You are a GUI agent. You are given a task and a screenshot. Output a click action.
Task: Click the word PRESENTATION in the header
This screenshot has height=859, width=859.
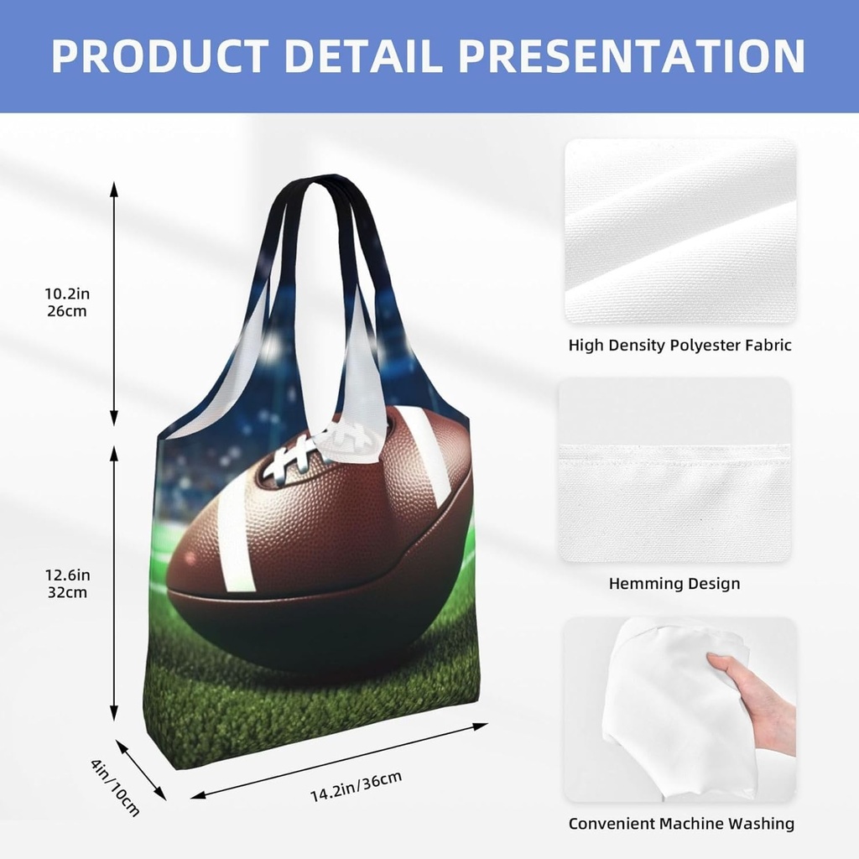point(633,55)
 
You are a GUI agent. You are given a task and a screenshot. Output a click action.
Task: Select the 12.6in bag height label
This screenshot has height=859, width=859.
point(66,575)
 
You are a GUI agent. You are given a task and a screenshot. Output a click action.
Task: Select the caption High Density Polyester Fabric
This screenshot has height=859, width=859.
point(679,345)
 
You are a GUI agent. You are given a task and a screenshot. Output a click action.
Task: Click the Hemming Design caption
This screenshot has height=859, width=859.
point(674,584)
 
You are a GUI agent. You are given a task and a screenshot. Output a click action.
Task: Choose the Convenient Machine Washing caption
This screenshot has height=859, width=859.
point(681,823)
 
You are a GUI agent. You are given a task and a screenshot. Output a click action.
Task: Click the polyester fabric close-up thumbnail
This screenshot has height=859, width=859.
point(679,231)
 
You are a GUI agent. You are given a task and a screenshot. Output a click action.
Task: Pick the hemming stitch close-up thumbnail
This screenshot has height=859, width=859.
point(674,470)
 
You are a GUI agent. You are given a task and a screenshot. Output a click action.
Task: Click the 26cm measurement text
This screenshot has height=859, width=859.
point(66,310)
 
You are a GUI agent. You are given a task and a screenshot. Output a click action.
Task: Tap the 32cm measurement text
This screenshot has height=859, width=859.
point(66,592)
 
